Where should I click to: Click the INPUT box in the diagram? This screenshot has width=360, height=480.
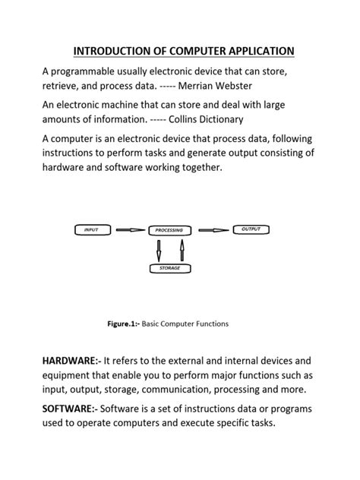tap(92, 229)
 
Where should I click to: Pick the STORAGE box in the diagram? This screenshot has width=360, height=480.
tap(169, 268)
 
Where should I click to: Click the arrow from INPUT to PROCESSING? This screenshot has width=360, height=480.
tap(128, 229)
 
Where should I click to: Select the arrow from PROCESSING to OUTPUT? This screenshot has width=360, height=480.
tap(213, 229)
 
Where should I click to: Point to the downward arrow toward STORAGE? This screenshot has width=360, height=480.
tap(158, 250)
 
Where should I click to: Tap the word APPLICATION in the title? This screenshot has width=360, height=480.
tap(251, 52)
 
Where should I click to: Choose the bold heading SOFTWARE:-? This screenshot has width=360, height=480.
tap(69, 409)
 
